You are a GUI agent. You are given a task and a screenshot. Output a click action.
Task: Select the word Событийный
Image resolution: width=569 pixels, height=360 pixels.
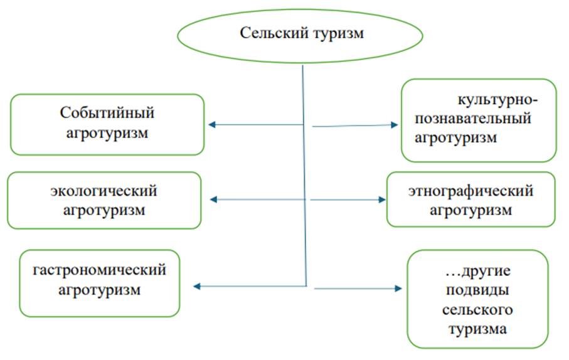click(107, 113)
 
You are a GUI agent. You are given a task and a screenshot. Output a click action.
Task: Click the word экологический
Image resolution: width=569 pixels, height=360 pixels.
click(104, 190)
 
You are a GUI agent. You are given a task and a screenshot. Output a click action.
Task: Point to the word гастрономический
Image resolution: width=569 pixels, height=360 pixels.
click(100, 270)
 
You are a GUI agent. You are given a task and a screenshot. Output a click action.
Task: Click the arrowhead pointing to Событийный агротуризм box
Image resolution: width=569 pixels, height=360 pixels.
click(211, 125)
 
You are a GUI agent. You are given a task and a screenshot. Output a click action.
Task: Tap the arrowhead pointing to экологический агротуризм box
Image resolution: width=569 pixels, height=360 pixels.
click(213, 199)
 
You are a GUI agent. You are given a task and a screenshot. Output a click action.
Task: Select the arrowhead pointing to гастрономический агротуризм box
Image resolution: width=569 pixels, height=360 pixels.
click(197, 287)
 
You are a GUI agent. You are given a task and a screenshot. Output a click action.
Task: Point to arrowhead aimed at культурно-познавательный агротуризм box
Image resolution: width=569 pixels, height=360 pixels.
click(395, 125)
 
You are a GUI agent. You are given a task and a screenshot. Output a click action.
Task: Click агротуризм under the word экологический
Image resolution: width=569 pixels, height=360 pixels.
click(104, 209)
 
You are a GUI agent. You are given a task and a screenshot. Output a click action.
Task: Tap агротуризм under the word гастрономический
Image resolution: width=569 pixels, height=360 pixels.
click(100, 290)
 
